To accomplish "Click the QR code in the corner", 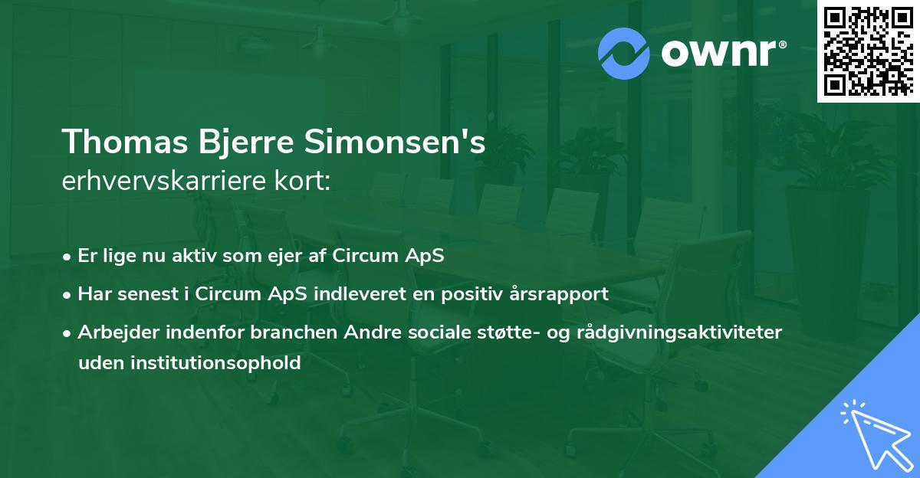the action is [868, 51].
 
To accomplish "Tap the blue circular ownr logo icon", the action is [623, 54].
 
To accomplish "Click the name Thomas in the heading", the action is [125, 142].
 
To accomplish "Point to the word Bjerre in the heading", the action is [246, 142].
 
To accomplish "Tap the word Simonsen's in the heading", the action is [395, 142].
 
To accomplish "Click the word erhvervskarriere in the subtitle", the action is [163, 181].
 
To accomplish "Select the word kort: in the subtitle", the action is [302, 181].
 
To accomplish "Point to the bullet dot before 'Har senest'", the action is [67, 296].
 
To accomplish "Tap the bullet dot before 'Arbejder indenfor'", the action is [67, 334].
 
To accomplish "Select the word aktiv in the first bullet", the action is [194, 255].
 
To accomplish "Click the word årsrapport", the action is [559, 295].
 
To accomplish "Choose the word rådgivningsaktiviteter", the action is [679, 332].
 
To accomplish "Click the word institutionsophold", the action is [215, 363].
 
